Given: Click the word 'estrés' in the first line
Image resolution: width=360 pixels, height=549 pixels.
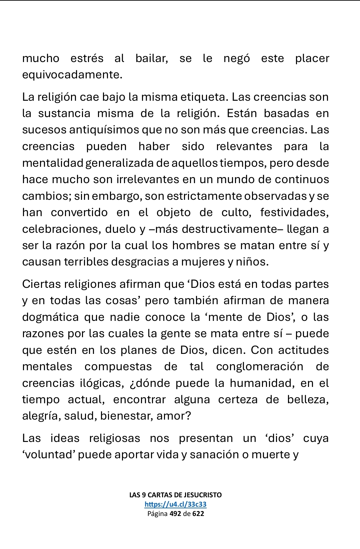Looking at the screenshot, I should coord(87,58).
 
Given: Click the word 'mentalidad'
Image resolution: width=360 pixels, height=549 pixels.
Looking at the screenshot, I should coord(53,163).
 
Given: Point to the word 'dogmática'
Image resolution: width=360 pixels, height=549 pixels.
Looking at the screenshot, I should coord(50,317).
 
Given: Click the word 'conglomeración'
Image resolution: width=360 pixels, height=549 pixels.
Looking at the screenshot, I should coord(260,367).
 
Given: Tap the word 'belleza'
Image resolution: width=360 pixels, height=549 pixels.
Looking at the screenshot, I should coord(308,400).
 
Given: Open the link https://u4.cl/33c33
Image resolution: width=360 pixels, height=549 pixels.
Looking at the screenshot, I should coord(175,504).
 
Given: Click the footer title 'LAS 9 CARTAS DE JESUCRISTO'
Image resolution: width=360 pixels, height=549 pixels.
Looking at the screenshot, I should coord(175,495).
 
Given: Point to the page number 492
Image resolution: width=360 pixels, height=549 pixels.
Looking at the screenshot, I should coord(175,514).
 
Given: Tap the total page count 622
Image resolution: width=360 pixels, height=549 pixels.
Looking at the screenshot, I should coord(198,514).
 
